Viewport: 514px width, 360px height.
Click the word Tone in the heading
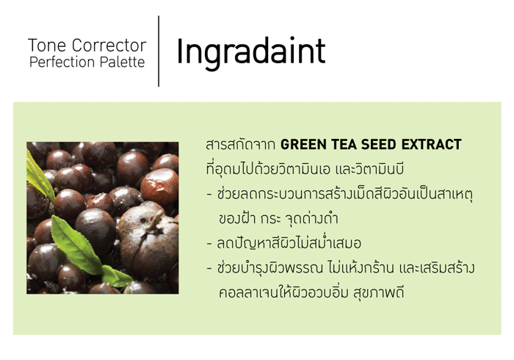[x=47, y=46]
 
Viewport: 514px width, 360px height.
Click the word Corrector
[x=109, y=46]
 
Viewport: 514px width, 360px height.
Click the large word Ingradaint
[x=251, y=52]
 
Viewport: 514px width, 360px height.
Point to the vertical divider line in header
[x=159, y=51]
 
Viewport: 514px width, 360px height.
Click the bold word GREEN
[x=303, y=144]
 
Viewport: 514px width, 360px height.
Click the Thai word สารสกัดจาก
[x=240, y=144]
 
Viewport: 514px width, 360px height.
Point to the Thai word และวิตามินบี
[x=369, y=168]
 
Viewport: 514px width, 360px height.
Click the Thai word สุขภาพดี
[x=378, y=292]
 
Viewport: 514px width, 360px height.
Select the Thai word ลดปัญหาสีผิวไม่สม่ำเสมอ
[x=289, y=243]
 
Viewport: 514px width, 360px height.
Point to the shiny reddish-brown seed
[x=159, y=187]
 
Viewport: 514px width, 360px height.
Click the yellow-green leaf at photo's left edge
[x=40, y=177]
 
